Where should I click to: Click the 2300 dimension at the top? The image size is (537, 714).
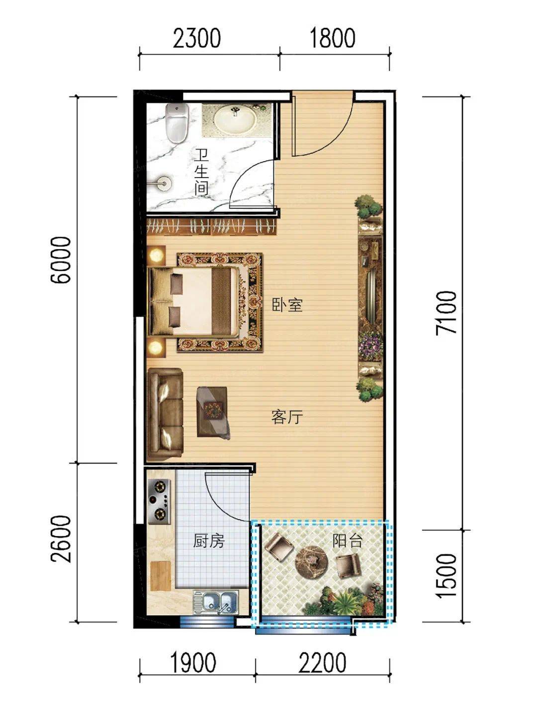tap(196, 38)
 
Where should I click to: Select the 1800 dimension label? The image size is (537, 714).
tap(332, 38)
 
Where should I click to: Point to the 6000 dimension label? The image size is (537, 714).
tap(61, 260)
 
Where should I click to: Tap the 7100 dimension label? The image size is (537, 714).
tap(447, 312)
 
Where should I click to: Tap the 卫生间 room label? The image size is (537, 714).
tap(201, 172)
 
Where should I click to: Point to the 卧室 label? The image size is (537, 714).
tap(287, 305)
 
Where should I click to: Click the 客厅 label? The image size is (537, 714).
tap(287, 417)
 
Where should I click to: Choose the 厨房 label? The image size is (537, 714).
tap(208, 541)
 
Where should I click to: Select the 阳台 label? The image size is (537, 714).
tap(348, 540)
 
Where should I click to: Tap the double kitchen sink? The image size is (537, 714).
tap(215, 602)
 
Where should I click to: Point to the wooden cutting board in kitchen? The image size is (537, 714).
tap(161, 571)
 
